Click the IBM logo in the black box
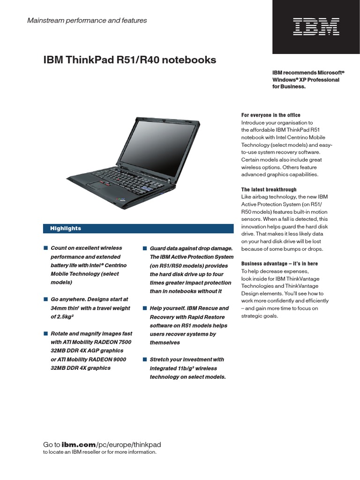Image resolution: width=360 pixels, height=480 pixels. [316, 27]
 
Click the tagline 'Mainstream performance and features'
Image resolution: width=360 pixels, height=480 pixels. [87, 21]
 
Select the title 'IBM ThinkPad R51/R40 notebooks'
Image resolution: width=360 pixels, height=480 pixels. [130, 60]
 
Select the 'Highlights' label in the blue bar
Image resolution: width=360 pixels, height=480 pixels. [66, 228]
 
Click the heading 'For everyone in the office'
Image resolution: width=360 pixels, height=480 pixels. [271, 115]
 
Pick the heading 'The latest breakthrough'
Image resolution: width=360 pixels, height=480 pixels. [269, 189]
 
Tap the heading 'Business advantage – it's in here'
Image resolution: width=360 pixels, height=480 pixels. [279, 263]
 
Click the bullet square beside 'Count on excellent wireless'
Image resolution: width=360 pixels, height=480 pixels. [45, 247]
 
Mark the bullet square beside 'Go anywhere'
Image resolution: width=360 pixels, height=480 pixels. [45, 299]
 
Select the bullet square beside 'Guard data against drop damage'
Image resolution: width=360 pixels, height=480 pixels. [145, 247]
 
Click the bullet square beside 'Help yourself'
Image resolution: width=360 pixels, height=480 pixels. [145, 308]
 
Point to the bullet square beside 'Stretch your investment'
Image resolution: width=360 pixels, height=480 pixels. [145, 359]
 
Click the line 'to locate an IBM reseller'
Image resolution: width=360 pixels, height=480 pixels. [99, 452]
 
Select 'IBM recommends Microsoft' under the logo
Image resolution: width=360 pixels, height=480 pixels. [308, 73]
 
